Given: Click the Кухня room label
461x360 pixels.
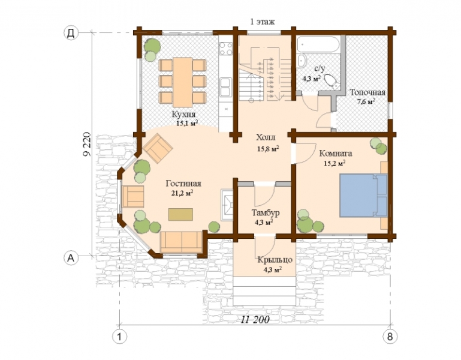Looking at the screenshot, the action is [184, 114].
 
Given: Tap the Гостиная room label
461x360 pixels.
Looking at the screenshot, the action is [183, 184].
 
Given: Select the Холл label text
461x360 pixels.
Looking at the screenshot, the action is [266, 137].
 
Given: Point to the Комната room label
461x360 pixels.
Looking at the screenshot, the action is [336, 154].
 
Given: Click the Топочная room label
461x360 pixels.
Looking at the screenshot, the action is [367, 92].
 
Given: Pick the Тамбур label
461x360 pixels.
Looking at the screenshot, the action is [266, 212].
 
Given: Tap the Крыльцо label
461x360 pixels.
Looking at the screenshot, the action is [275, 260].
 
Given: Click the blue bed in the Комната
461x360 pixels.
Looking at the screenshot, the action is [363, 195].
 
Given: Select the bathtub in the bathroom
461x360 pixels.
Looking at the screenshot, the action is [318, 44].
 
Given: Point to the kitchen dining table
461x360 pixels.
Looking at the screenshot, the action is [183, 82].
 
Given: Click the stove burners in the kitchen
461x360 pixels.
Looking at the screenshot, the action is [226, 49].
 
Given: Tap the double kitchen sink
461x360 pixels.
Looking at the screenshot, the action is [226, 87].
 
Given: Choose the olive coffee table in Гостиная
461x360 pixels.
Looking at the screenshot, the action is [180, 214].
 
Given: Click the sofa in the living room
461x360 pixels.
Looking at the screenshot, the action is [182, 242].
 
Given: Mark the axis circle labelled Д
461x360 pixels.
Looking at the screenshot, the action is [71, 32].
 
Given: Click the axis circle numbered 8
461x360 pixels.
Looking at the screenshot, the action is [390, 337].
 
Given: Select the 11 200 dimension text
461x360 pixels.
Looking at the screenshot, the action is [255, 319].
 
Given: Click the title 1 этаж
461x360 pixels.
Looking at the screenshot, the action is [262, 22].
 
